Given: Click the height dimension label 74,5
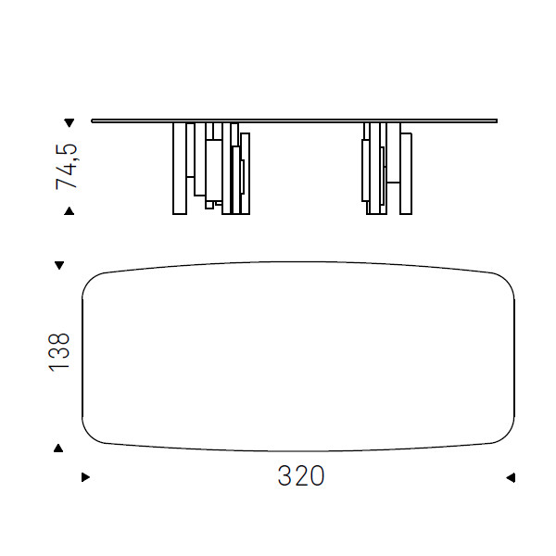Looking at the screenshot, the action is [67, 166].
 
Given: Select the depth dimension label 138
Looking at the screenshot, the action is [59, 352].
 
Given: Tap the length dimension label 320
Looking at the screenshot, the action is [301, 476].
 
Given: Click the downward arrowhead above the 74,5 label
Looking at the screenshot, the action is [69, 123].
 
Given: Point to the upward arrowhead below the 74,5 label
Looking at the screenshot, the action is [69, 211].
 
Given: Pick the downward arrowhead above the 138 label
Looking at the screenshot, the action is [59, 265].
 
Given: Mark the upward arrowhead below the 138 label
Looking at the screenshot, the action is [58, 449].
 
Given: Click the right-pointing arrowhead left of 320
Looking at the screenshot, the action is [86, 477].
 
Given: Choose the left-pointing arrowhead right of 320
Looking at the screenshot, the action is [511, 477].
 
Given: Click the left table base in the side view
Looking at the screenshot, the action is [211, 169].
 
